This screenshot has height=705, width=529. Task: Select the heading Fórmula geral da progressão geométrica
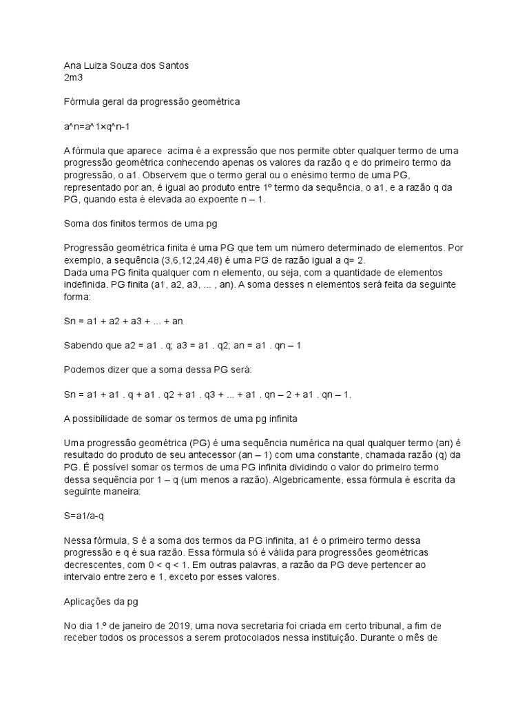tap(151, 101)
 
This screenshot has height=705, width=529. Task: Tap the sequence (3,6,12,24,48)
tap(194, 260)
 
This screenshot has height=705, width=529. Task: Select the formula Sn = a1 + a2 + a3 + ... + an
tap(123, 320)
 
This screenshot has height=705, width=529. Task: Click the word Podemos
tap(85, 370)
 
